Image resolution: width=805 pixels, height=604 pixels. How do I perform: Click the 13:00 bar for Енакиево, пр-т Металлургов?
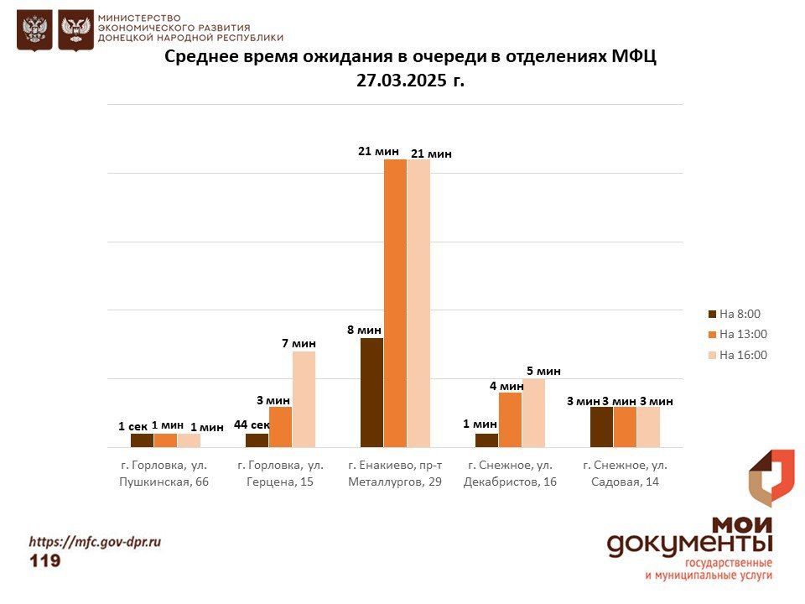(395, 303)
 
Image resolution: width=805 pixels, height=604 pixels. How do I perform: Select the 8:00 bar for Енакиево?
(371, 393)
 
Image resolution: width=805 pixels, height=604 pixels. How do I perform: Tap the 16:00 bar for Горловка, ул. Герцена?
(304, 399)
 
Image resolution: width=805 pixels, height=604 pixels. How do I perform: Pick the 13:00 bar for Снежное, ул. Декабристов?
(511, 419)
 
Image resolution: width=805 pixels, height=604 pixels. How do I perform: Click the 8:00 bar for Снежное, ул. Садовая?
(602, 427)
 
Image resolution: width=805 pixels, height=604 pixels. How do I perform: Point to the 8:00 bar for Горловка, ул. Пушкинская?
(142, 440)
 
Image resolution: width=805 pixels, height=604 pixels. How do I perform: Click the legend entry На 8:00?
(735, 314)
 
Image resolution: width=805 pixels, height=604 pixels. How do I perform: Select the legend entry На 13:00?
(738, 335)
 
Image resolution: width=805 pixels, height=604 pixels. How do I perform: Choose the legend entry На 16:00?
(738, 355)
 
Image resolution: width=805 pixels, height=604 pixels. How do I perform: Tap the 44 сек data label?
(252, 424)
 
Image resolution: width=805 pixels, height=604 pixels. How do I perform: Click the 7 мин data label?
(299, 343)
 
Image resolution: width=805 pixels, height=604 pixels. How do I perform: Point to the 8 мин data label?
(365, 330)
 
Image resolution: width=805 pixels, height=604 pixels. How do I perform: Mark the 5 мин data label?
(543, 371)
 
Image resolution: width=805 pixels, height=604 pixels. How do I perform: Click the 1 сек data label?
(133, 426)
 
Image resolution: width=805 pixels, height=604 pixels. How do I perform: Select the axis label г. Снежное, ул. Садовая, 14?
(626, 473)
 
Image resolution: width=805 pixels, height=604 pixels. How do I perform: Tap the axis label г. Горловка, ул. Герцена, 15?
(280, 473)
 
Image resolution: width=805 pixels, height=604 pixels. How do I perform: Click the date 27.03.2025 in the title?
(402, 81)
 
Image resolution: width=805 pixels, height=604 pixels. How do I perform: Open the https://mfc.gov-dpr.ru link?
(95, 541)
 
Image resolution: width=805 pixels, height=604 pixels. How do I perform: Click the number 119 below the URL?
(45, 560)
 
